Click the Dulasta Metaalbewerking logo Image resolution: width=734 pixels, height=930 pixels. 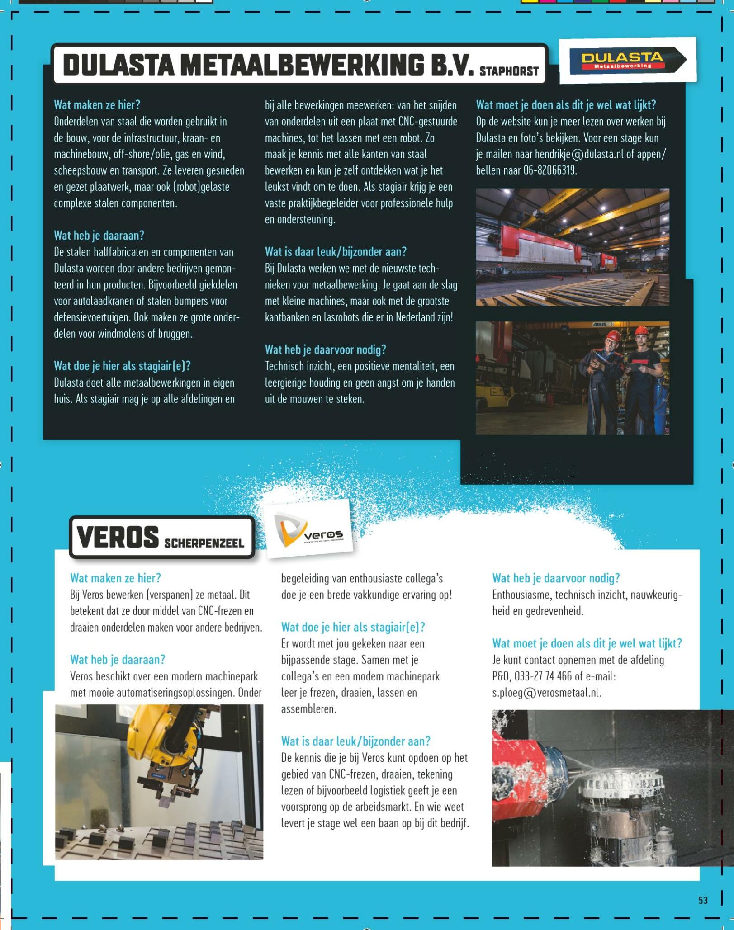[x=627, y=61]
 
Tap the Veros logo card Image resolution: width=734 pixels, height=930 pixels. [x=309, y=529]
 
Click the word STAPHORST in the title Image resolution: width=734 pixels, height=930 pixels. [x=509, y=71]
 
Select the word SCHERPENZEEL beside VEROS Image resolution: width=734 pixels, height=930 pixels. [x=204, y=543]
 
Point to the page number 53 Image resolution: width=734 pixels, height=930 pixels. [x=702, y=900]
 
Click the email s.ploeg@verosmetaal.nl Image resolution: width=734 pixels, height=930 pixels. [x=546, y=693]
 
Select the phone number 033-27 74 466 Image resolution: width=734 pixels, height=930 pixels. [x=543, y=676]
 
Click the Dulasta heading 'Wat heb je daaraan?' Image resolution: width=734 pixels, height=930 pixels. [x=99, y=236]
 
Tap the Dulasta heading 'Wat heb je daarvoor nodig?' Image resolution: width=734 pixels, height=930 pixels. [x=325, y=350]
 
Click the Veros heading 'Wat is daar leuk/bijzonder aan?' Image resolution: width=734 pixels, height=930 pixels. [x=355, y=741]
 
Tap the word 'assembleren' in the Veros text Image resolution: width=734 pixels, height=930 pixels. [x=308, y=709]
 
